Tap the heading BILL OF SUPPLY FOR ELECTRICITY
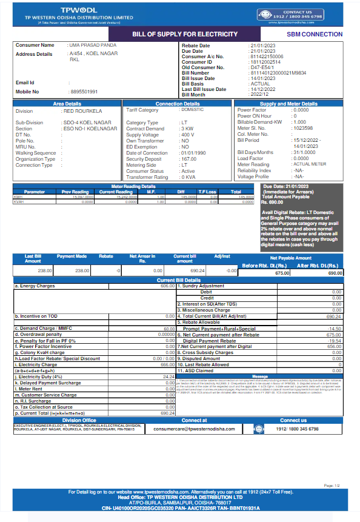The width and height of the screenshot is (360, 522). (x=185, y=34)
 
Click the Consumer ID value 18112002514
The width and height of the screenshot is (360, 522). (x=265, y=62)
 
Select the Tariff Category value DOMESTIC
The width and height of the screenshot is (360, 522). (x=192, y=110)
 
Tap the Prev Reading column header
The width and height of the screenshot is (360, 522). (x=75, y=192)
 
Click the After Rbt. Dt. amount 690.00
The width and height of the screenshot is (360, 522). (x=335, y=273)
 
